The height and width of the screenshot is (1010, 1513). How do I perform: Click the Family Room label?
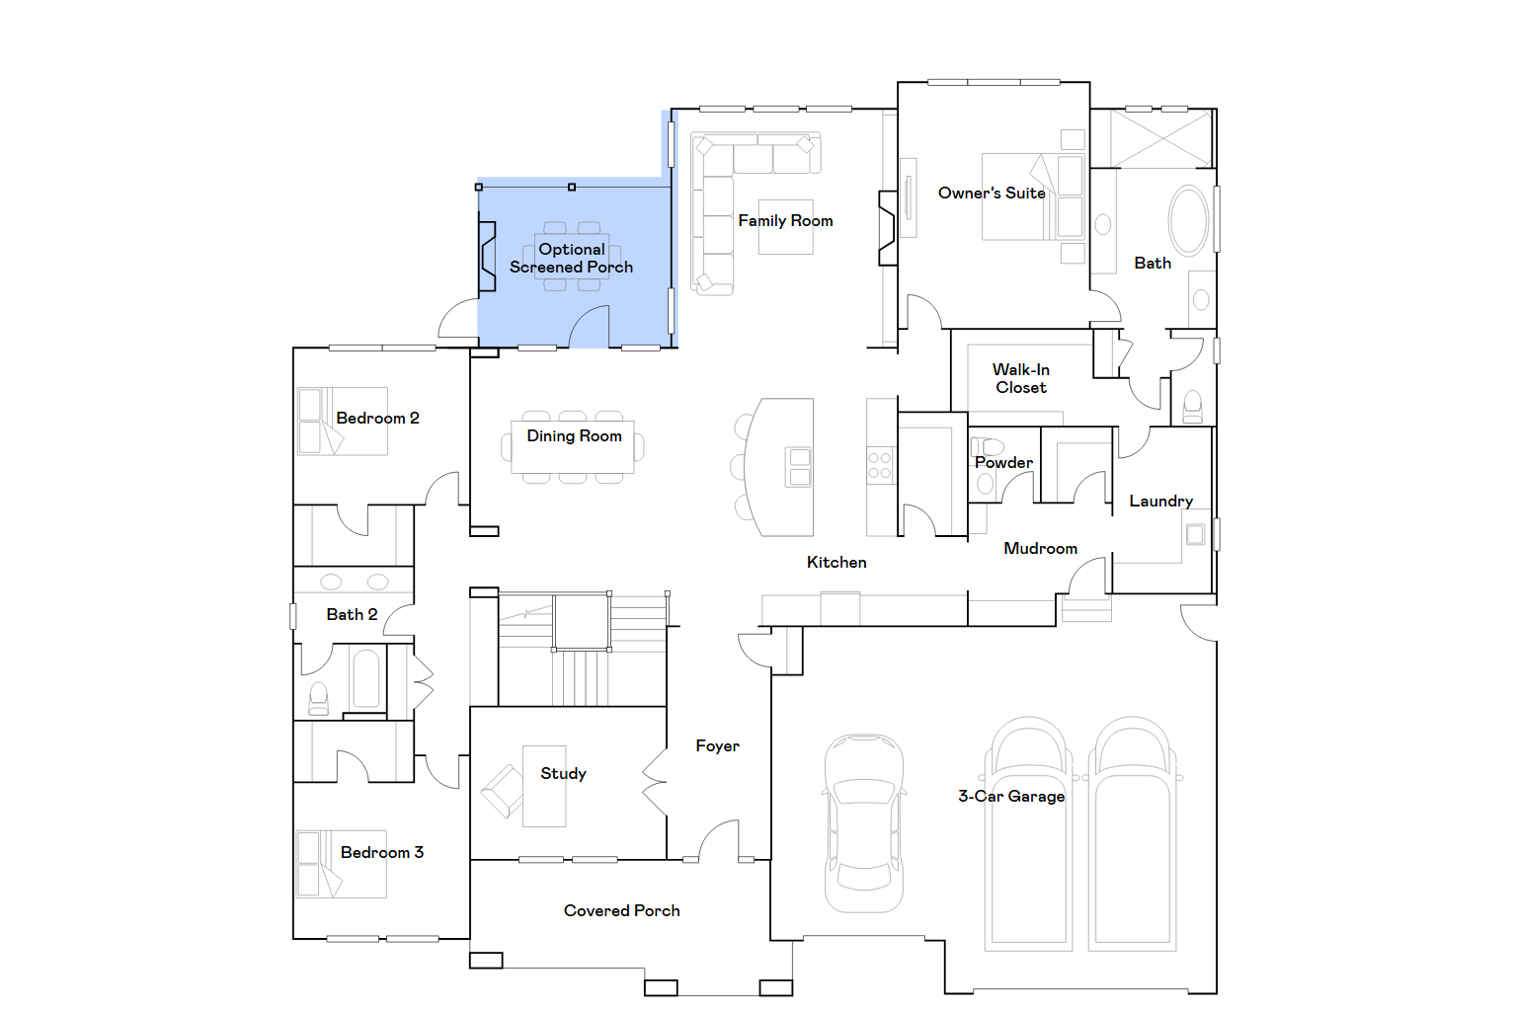[x=785, y=221]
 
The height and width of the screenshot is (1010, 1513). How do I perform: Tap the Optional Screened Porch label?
[x=572, y=258]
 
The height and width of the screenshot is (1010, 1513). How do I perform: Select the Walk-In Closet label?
[x=1020, y=378]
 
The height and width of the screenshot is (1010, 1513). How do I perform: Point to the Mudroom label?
[x=1040, y=548]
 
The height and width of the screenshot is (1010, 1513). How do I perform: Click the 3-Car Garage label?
[x=1011, y=797]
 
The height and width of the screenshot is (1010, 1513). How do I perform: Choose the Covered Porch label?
[x=621, y=910]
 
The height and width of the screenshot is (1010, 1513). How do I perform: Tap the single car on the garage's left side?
[x=864, y=823]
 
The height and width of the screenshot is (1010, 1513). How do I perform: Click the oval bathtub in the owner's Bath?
[x=1188, y=221]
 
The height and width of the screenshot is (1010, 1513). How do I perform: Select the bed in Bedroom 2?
[x=343, y=422]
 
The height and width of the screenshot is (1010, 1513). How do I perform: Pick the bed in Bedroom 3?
[x=342, y=864]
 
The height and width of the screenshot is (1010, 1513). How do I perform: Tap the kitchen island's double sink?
[x=800, y=467]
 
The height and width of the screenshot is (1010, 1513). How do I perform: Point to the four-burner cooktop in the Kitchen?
[x=879, y=466]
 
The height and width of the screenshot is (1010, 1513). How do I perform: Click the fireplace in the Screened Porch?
[x=486, y=257]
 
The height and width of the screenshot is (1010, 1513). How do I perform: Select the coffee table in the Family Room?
[x=785, y=227]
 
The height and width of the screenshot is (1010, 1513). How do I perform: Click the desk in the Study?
[x=544, y=786]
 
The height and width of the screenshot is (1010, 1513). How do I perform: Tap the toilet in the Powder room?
[x=988, y=447]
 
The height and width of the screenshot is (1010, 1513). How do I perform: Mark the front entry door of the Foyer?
[x=719, y=840]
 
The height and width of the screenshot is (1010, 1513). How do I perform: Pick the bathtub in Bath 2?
[x=366, y=678]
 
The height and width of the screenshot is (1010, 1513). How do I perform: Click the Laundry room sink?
[x=1195, y=535]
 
